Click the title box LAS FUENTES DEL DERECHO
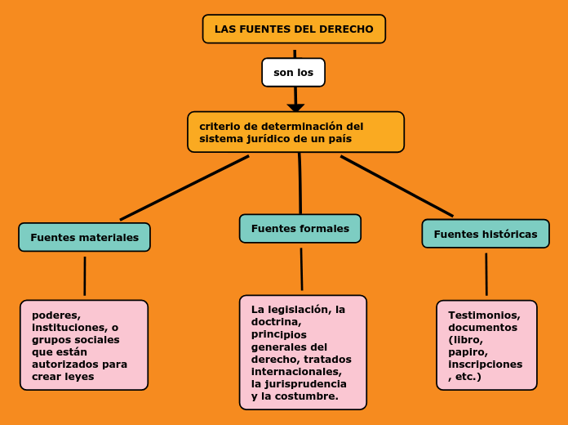(x=294, y=29)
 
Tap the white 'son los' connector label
(x=293, y=72)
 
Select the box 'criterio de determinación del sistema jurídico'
(x=295, y=132)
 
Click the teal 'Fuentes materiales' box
(x=84, y=237)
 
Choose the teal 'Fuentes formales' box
(x=300, y=229)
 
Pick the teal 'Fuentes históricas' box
(x=485, y=234)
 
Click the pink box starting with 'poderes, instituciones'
(x=84, y=345)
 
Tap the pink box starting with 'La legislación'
(x=303, y=352)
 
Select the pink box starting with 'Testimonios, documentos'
(x=486, y=345)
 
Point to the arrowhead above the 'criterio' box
(x=295, y=108)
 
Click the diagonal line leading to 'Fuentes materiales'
(x=184, y=187)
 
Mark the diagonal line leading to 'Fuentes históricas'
(x=397, y=186)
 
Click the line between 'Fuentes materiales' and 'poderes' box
(x=85, y=275)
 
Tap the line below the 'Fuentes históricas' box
(x=486, y=274)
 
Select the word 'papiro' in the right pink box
(x=466, y=352)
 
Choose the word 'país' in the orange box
(x=340, y=139)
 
